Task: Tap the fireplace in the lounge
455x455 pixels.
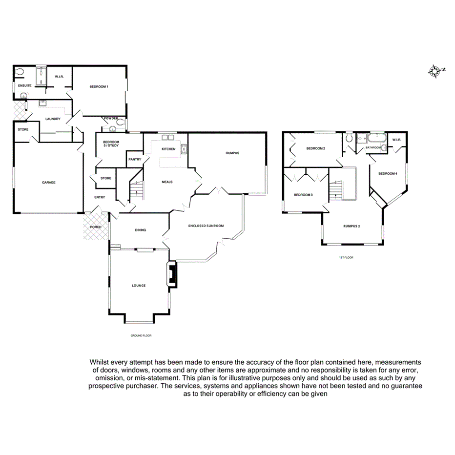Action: pyautogui.click(x=172, y=274)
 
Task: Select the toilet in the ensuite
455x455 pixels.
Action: pyautogui.click(x=20, y=72)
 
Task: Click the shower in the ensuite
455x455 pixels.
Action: pyautogui.click(x=41, y=77)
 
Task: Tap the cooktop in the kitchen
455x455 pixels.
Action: pyautogui.click(x=184, y=149)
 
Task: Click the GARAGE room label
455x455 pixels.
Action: pyautogui.click(x=48, y=183)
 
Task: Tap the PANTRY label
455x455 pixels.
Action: pyautogui.click(x=134, y=160)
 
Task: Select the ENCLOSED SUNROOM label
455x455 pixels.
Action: pyautogui.click(x=206, y=226)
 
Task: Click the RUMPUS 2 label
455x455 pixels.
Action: pyautogui.click(x=352, y=226)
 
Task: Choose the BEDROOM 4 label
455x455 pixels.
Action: pyautogui.click(x=388, y=174)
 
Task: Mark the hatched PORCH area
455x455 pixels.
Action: pyautogui.click(x=96, y=227)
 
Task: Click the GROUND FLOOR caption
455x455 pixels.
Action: pyautogui.click(x=141, y=336)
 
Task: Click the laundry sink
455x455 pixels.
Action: pyautogui.click(x=43, y=103)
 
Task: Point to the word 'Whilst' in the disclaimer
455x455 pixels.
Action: pyautogui.click(x=99, y=362)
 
